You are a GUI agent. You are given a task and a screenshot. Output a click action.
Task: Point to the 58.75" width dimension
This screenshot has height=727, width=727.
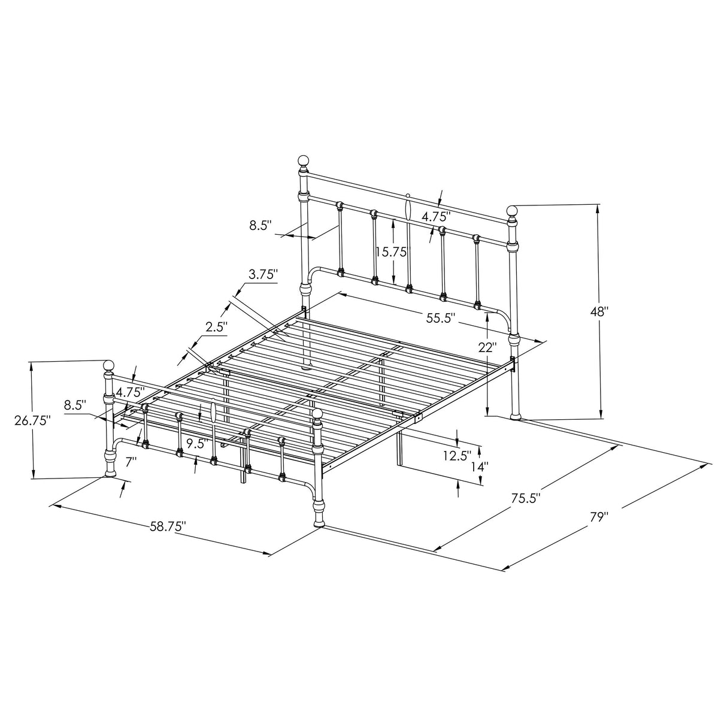(x=168, y=526)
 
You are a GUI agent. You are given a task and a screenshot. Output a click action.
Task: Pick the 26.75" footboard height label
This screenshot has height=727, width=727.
(x=32, y=420)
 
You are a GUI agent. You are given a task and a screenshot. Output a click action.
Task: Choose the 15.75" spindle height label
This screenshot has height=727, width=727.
(x=392, y=252)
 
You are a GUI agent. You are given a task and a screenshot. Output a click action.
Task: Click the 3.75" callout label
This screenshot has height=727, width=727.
(x=264, y=275)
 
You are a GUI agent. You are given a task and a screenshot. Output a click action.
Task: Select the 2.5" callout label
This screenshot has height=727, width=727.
(x=217, y=327)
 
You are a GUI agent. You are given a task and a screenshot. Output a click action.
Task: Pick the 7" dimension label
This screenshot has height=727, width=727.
(x=131, y=462)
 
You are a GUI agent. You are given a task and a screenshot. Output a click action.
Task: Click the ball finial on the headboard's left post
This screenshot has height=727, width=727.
(x=304, y=161)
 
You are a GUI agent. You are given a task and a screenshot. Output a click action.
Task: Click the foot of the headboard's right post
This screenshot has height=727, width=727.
(x=515, y=415)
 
